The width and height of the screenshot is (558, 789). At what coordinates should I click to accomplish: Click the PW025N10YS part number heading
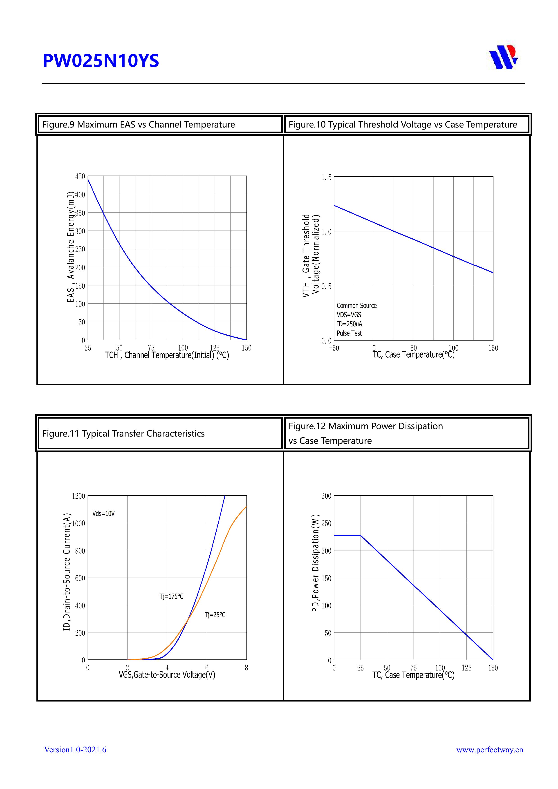tap(101, 61)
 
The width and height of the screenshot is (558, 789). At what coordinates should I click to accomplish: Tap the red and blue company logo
tap(503, 57)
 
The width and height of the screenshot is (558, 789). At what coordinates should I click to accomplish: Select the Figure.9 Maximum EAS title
tap(139, 124)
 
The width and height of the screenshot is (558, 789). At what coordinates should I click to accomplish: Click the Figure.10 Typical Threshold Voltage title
tap(403, 124)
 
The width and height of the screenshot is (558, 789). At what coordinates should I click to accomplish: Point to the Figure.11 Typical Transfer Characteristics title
tap(123, 433)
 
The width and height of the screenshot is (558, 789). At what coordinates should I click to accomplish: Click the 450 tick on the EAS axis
tap(80, 176)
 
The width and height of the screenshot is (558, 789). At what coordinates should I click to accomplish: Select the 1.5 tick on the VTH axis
tap(326, 177)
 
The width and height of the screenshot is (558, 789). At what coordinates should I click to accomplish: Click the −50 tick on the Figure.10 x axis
tap(334, 348)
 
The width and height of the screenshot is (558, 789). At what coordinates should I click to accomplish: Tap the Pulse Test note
tap(349, 333)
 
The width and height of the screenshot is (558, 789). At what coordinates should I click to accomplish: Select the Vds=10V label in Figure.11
tap(103, 513)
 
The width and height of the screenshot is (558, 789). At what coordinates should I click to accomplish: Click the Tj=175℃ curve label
tap(171, 596)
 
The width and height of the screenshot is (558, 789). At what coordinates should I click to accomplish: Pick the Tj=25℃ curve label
tap(215, 615)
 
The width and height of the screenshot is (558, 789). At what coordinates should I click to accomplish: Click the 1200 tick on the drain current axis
tap(78, 496)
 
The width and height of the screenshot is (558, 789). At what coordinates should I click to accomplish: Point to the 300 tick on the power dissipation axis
tap(326, 496)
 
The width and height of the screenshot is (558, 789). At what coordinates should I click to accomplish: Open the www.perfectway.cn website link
tap(490, 749)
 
